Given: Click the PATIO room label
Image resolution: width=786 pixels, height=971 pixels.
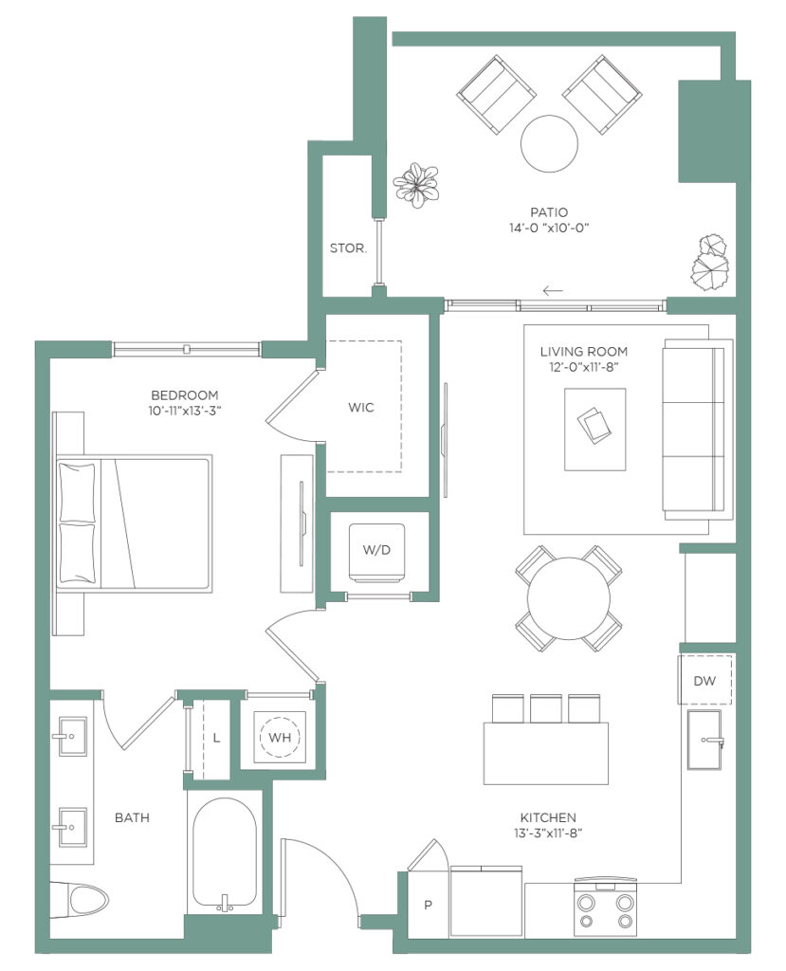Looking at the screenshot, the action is tap(549, 212).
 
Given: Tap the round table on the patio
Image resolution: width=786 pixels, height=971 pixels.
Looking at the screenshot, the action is tap(549, 144).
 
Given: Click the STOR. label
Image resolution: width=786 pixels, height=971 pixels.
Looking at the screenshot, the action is tap(348, 248).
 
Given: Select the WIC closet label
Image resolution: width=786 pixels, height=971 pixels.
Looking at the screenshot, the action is tap(361, 408).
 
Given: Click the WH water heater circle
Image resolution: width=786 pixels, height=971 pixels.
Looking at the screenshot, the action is tap(280, 737).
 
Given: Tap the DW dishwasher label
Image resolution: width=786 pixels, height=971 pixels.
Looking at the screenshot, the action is tap(704, 681).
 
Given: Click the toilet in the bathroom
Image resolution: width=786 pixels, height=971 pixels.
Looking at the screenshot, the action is tap(80, 899).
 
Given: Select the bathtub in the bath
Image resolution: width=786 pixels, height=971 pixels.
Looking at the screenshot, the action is tap(224, 853).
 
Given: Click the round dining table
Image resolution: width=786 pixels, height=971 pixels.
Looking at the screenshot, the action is tap(569, 599).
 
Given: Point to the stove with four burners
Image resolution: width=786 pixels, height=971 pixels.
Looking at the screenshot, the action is tap(606, 907).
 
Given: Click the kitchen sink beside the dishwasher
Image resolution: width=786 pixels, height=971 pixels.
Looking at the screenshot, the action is tap(704, 740).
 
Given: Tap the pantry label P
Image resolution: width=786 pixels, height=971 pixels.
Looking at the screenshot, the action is tap(428, 906).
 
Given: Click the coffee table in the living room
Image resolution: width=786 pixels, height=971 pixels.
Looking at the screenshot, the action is tap(595, 430).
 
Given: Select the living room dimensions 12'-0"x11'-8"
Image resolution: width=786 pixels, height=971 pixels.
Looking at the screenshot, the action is tap(584, 367).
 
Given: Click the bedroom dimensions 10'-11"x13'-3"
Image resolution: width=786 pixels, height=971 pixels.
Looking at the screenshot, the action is tap(185, 411).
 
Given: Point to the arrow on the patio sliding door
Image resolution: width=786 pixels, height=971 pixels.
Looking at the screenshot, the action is tap(553, 290).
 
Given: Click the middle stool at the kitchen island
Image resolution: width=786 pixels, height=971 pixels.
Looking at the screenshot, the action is tap(546, 707).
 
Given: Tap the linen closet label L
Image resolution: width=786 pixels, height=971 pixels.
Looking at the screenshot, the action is tap(216, 738).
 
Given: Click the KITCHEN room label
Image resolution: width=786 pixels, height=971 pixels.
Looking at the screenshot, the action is tap(548, 817).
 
